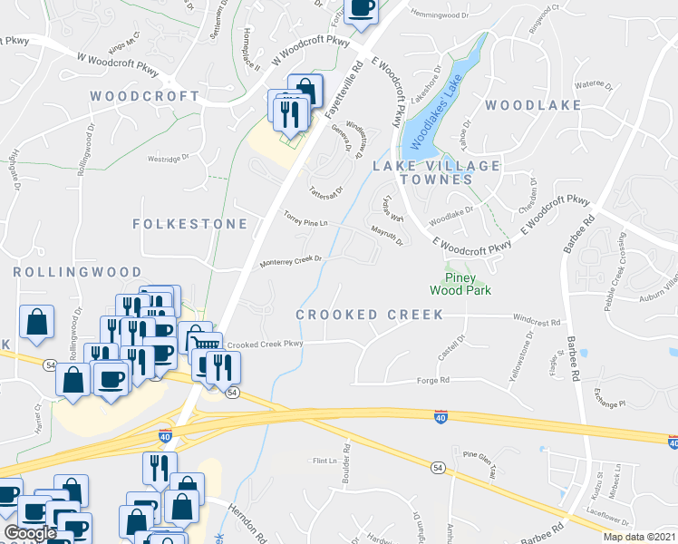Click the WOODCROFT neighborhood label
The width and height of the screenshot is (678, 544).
(x=144, y=96)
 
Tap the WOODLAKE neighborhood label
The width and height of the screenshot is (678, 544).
(x=532, y=105)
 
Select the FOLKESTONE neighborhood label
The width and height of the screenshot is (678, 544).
(x=189, y=223)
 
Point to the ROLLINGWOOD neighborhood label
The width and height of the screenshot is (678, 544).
(x=77, y=272)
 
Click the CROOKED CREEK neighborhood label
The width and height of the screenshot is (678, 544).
(x=370, y=315)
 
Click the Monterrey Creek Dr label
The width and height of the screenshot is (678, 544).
(x=292, y=260)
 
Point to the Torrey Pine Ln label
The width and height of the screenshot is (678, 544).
(x=305, y=219)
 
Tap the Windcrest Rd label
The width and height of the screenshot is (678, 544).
(x=537, y=320)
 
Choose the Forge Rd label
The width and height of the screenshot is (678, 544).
(x=432, y=381)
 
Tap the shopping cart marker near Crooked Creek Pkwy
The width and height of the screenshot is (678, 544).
(x=206, y=340)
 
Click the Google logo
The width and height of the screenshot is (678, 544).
(x=30, y=533)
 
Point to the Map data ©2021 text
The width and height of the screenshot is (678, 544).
(x=639, y=537)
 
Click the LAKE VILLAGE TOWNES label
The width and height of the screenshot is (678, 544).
(x=437, y=172)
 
